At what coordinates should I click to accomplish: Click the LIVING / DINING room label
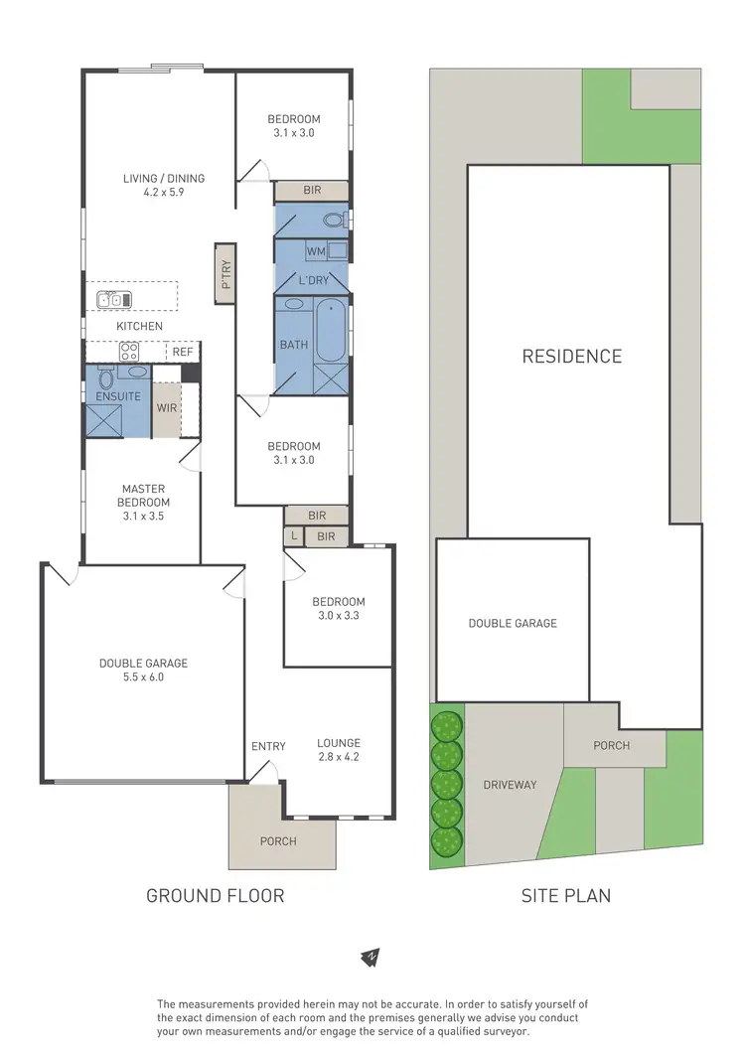click(164, 179)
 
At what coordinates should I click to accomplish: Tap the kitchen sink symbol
click(109, 299)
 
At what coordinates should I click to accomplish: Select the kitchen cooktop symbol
click(128, 351)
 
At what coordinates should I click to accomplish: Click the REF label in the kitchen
click(183, 352)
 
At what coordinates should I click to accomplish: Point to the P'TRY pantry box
click(225, 272)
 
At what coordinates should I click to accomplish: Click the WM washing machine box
click(317, 252)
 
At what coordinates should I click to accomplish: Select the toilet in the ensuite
click(106, 377)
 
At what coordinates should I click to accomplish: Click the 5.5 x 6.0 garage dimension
click(143, 677)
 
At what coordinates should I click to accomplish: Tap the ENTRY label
click(268, 746)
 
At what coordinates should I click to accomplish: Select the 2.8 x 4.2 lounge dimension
click(339, 757)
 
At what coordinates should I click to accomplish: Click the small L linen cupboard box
click(293, 536)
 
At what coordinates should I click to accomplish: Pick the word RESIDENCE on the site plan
click(572, 357)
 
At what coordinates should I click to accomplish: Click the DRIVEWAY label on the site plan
click(510, 785)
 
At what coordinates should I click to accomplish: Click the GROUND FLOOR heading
click(216, 895)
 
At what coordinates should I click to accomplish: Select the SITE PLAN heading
click(566, 895)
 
